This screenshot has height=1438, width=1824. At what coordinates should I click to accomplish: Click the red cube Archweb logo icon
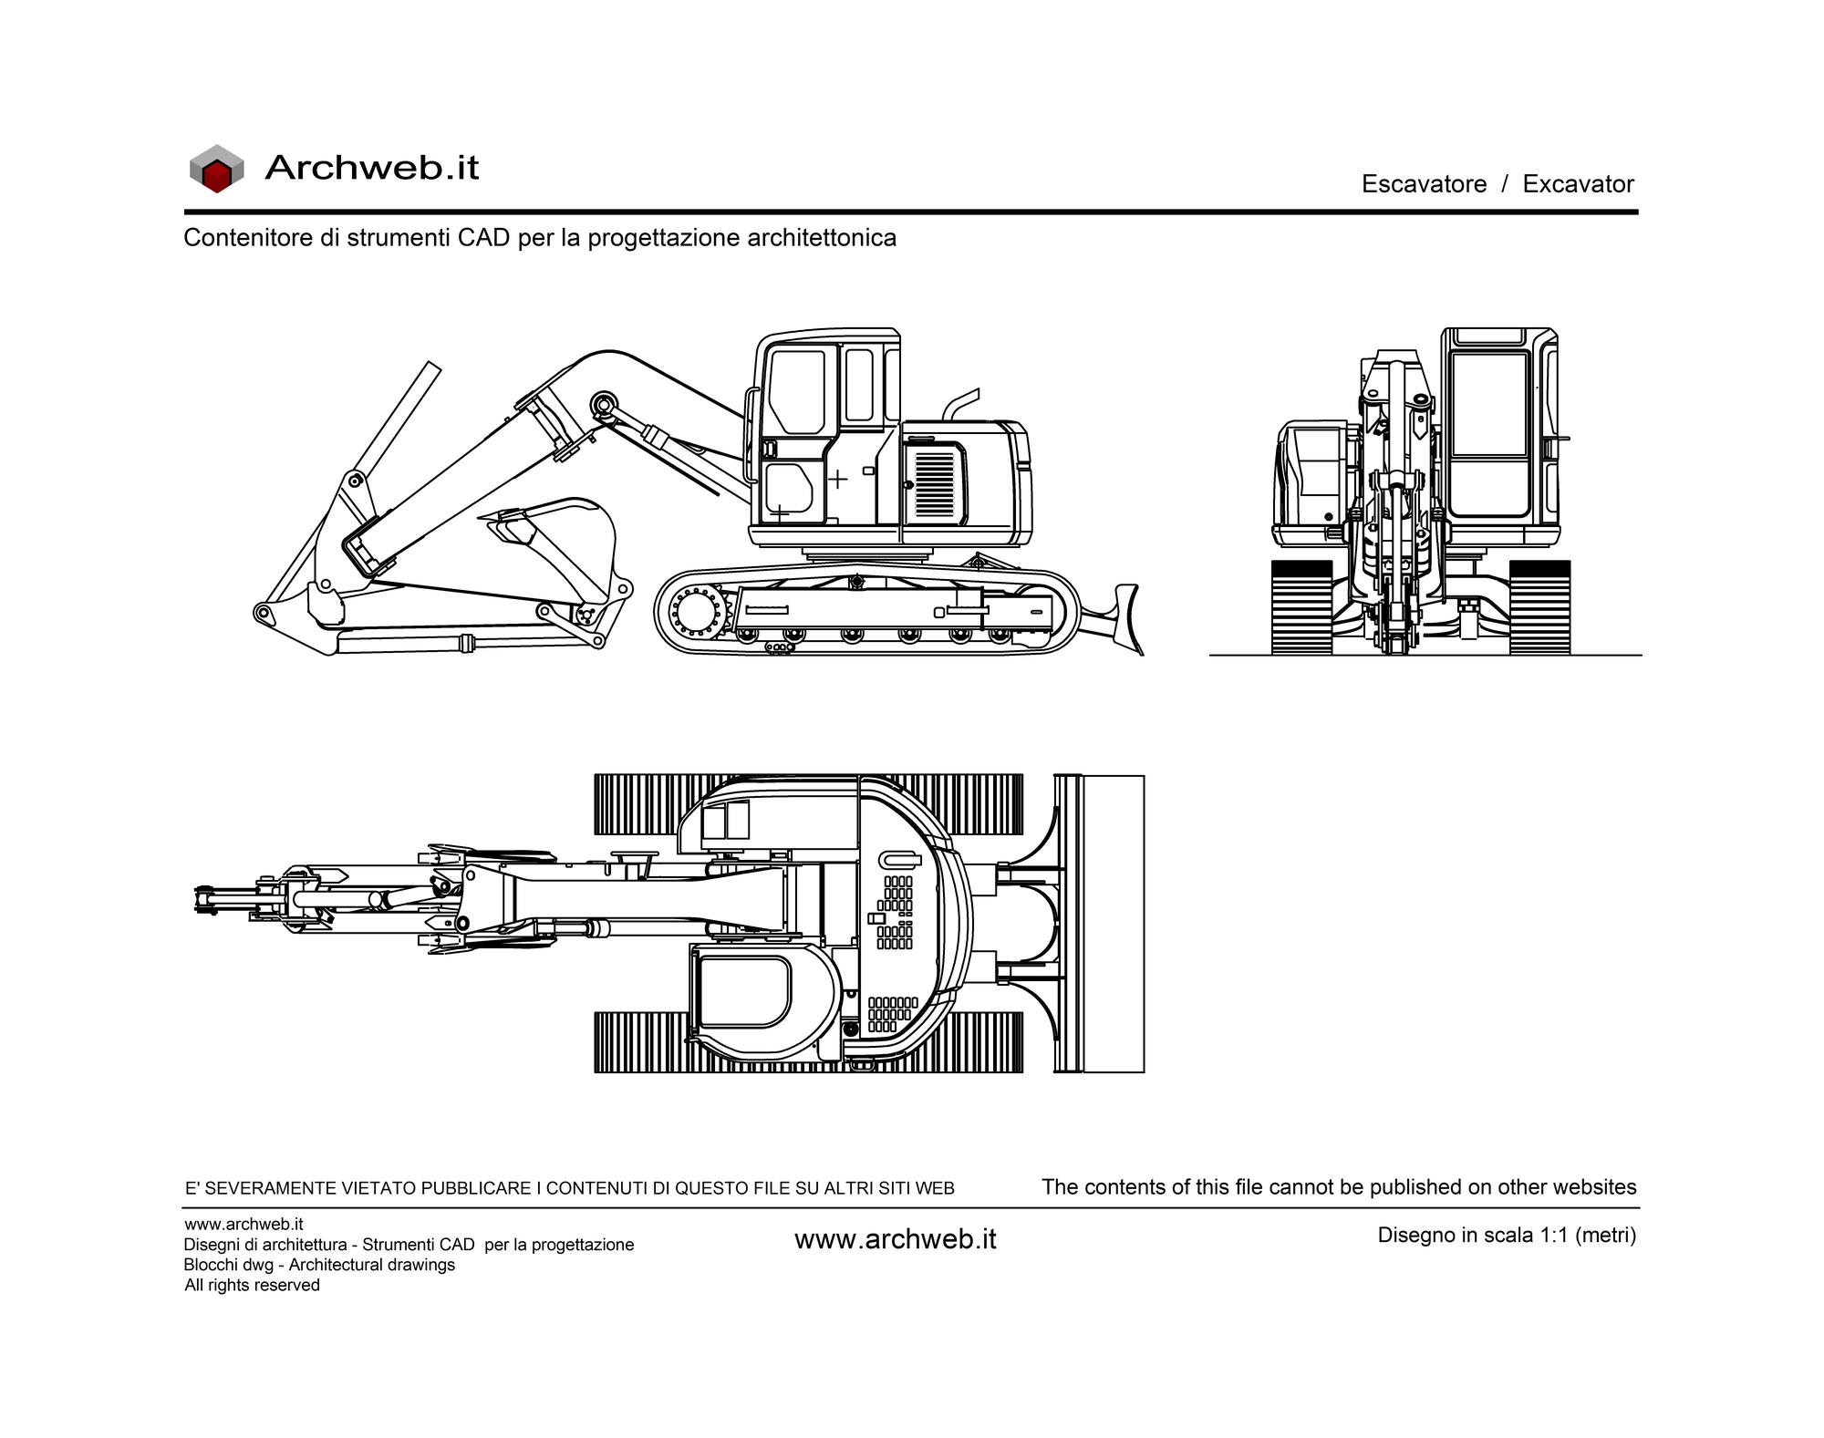[x=216, y=169]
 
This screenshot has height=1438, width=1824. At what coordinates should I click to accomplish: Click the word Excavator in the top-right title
[x=1578, y=184]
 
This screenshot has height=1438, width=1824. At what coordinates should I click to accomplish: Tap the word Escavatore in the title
[x=1424, y=184]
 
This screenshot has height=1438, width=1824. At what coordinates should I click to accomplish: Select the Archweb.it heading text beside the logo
[x=371, y=168]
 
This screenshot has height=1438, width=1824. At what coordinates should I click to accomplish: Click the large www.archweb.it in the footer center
[x=896, y=1239]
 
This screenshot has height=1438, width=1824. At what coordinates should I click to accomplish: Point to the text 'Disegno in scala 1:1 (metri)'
[x=1507, y=1236]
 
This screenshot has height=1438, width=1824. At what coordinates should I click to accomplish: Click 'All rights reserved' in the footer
[x=252, y=1285]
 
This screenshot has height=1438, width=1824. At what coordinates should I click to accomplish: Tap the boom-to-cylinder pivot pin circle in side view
[x=603, y=402]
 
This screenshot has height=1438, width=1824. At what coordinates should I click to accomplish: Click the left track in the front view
[x=1301, y=607]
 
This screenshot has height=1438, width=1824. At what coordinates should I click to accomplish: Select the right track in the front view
[x=1539, y=607]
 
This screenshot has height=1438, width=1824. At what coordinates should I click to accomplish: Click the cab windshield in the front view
[x=1489, y=405]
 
